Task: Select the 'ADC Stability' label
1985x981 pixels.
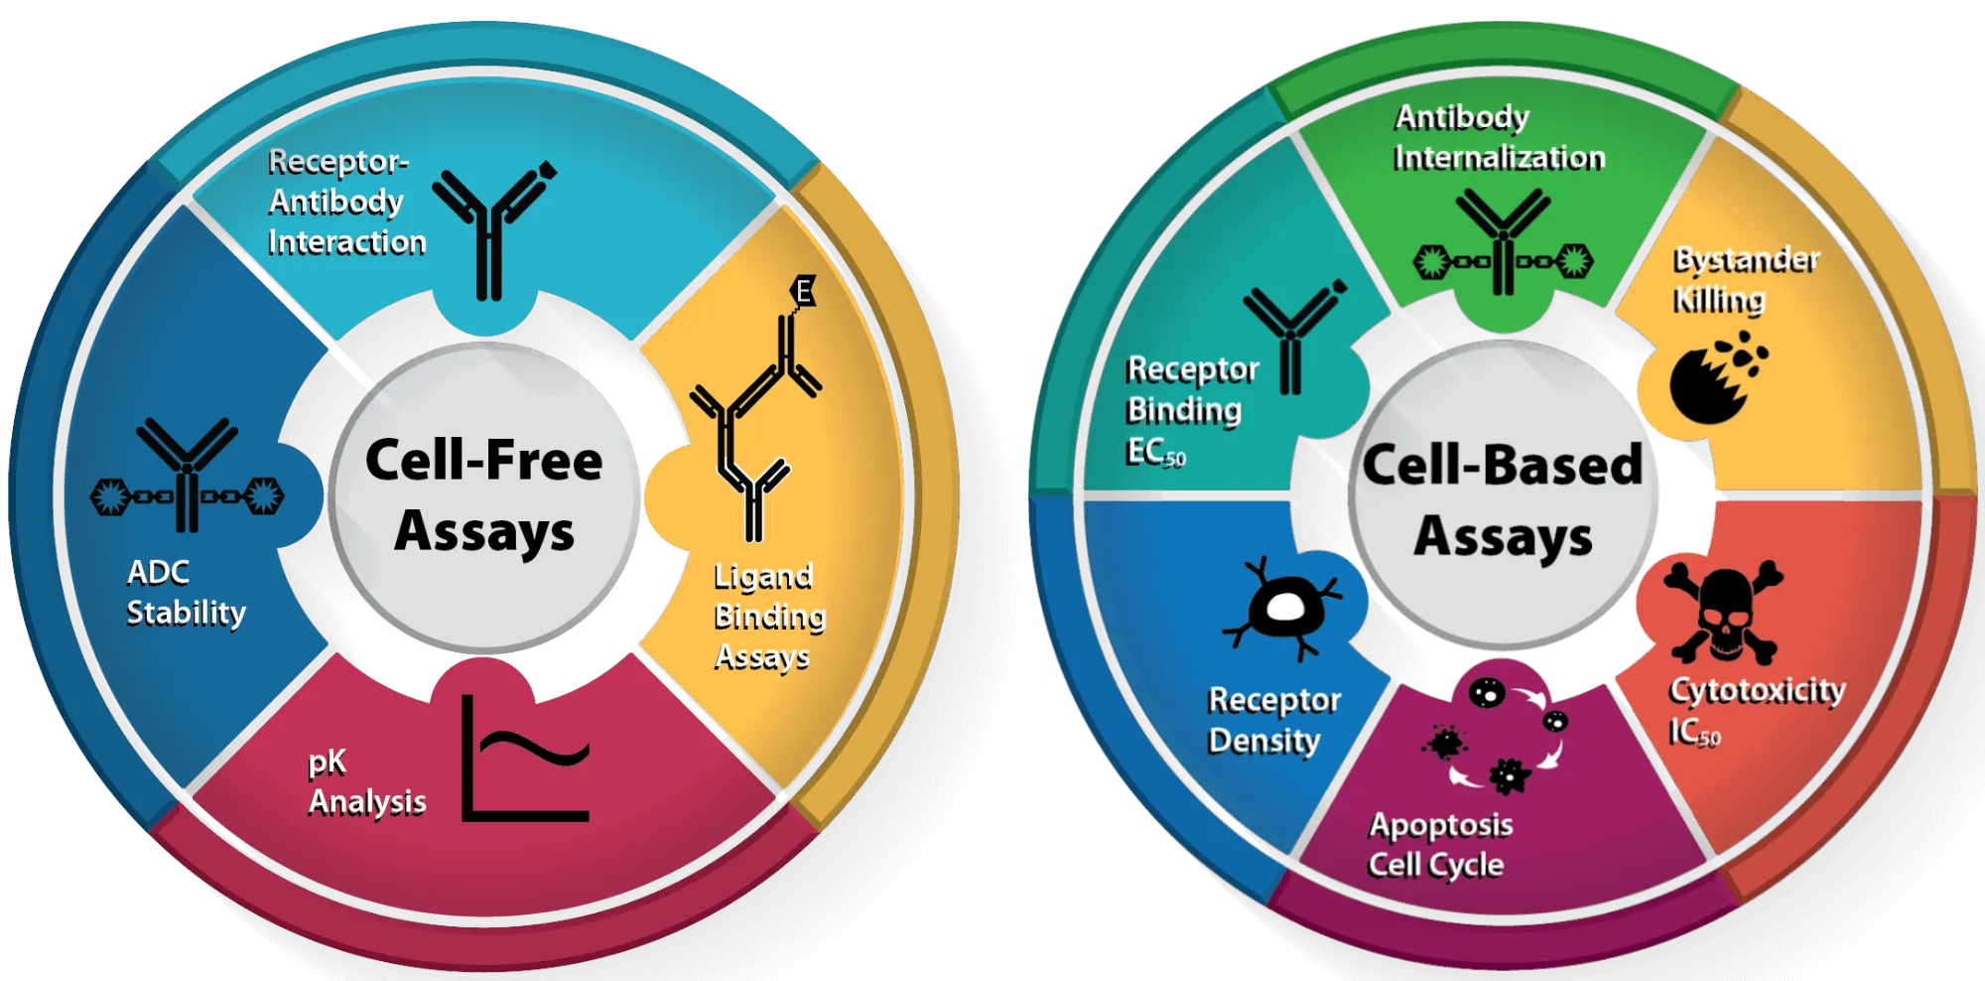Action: click(186, 593)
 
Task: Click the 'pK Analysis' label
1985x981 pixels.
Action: click(366, 781)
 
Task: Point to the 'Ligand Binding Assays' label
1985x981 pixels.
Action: click(769, 617)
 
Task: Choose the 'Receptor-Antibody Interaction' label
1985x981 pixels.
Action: click(345, 202)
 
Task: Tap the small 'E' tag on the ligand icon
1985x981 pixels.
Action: click(803, 291)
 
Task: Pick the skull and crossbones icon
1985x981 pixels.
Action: click(1724, 611)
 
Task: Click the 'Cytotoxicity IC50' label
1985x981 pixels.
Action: click(1756, 709)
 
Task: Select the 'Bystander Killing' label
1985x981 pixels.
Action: click(1745, 280)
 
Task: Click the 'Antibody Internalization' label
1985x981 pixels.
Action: click(1498, 137)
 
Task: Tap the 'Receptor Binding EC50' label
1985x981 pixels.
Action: click(1191, 410)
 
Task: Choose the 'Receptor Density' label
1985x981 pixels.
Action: click(1273, 720)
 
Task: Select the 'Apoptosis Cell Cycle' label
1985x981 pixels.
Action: click(1440, 844)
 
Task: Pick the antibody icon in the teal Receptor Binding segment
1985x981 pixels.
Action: click(1293, 338)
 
